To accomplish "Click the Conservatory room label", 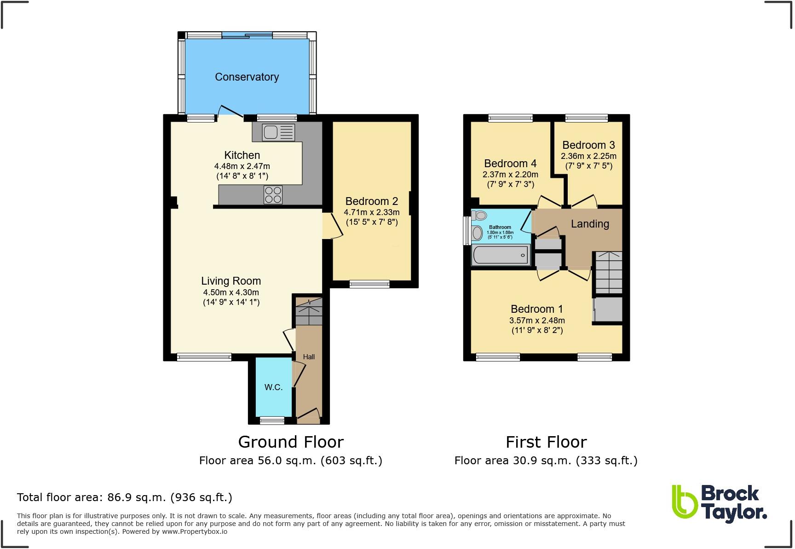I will click(247, 77).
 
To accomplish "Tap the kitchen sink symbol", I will click(278, 133).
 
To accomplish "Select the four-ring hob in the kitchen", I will click(273, 194).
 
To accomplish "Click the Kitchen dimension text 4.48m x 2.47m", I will click(242, 166).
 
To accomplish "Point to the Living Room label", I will click(231, 281).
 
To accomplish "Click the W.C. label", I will click(273, 387).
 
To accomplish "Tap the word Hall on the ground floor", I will click(309, 357).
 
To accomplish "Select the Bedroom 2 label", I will click(371, 201).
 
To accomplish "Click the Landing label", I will click(590, 224).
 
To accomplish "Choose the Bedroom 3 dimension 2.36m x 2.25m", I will click(588, 156).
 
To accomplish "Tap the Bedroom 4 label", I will click(510, 164).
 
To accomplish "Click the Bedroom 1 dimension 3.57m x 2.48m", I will click(537, 321).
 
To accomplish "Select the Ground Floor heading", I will click(291, 442).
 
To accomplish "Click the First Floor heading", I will click(546, 442).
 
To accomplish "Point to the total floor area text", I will click(124, 497).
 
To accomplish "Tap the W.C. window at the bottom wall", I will click(272, 420).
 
